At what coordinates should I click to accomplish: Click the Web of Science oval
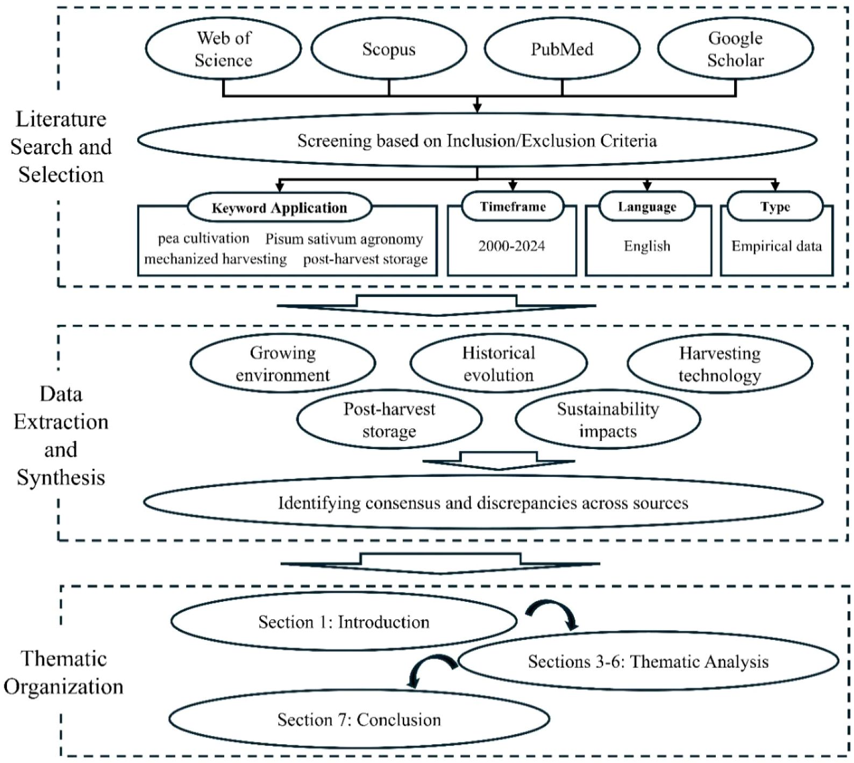click(223, 49)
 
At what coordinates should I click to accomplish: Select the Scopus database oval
click(389, 49)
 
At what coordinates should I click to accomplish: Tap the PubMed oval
click(562, 49)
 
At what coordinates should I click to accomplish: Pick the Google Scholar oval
click(735, 49)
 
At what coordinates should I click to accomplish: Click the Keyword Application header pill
click(279, 208)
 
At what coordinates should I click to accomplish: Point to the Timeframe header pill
click(513, 206)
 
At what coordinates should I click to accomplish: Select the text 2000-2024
click(511, 246)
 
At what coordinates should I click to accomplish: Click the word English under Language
click(647, 246)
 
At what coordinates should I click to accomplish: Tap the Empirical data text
click(776, 246)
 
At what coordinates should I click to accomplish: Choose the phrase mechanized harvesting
click(215, 259)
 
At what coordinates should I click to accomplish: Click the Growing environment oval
click(282, 363)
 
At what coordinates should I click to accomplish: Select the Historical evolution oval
click(499, 363)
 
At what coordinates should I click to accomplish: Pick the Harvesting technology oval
click(720, 364)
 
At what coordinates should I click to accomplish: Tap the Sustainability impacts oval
click(608, 420)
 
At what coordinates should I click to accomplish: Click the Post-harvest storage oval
click(389, 420)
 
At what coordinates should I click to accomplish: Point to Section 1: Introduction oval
click(344, 622)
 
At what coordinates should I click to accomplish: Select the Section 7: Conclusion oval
click(359, 719)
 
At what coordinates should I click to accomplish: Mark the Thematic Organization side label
click(63, 673)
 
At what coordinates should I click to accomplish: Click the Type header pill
click(775, 207)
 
